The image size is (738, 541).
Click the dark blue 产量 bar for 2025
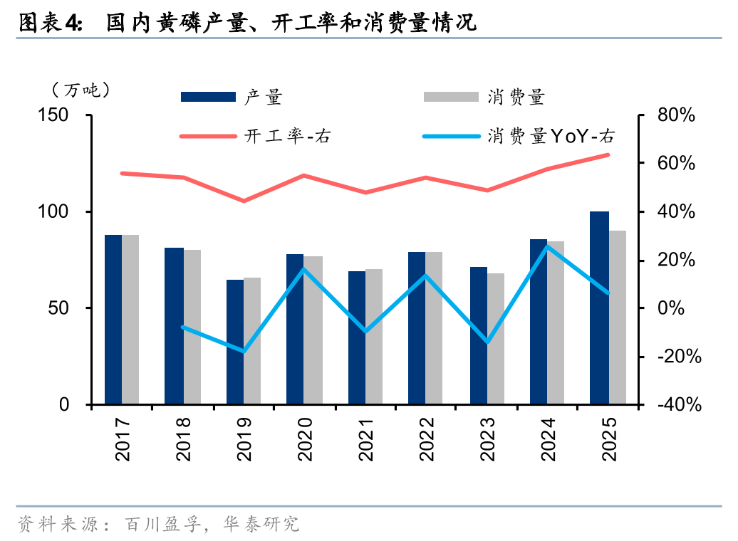[x=600, y=308]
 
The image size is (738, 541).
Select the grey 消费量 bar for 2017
[x=130, y=319]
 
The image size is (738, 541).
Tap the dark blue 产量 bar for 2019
[x=235, y=342]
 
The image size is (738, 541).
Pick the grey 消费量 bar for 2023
[x=496, y=339]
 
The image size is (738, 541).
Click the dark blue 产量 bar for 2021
[x=357, y=337]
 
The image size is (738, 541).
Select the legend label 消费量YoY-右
[x=551, y=135]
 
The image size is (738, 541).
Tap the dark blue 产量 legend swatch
[x=208, y=97]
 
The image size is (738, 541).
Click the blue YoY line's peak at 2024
[x=547, y=246]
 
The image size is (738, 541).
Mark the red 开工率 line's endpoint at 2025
[x=608, y=154]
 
